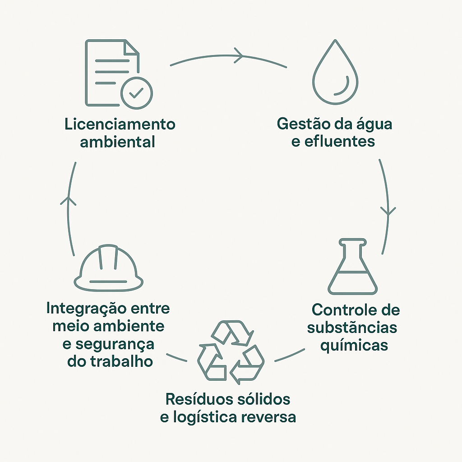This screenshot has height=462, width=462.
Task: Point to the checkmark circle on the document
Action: tap(137, 92)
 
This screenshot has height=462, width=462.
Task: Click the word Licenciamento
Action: tap(120, 124)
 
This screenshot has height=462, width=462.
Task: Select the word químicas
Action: tap(354, 345)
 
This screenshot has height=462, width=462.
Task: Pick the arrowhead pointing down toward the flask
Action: tap(388, 211)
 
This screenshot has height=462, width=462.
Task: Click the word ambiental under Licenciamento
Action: tap(117, 142)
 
